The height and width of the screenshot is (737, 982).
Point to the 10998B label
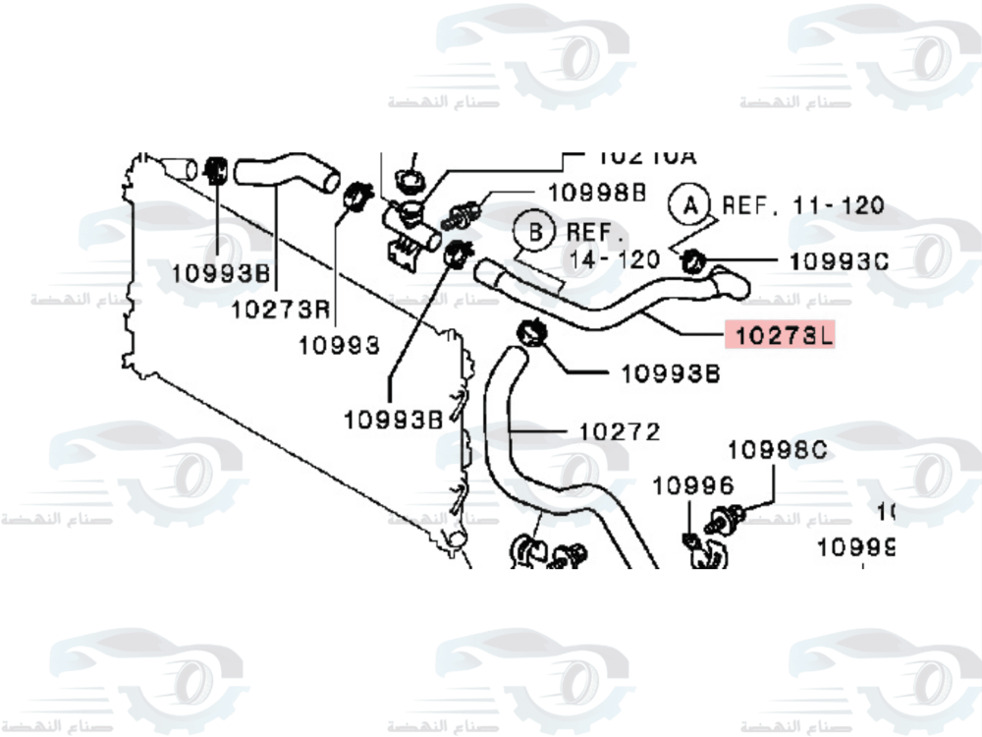(x=597, y=194)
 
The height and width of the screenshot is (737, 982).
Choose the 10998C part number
(x=778, y=450)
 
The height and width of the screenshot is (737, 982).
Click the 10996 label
(x=693, y=484)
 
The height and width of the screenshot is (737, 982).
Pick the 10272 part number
(x=619, y=431)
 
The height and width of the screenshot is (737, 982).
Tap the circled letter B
(x=536, y=233)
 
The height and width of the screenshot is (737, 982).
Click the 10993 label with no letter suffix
(x=340, y=345)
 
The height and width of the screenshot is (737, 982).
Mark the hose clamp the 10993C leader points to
(x=693, y=260)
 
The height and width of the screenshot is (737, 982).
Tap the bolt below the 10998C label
(x=730, y=513)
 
